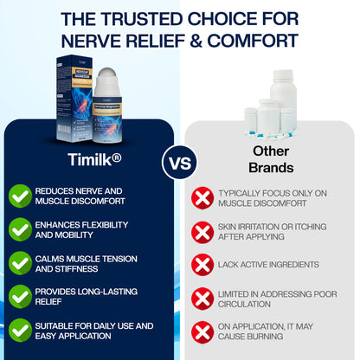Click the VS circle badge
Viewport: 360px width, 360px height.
(x=180, y=162)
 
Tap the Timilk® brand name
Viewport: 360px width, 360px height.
(x=93, y=159)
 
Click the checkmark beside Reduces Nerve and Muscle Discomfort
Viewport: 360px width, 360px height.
(x=20, y=196)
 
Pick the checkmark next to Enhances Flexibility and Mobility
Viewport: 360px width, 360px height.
(x=20, y=229)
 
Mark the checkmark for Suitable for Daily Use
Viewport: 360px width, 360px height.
(x=20, y=331)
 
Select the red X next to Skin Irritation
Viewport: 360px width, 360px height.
(x=202, y=231)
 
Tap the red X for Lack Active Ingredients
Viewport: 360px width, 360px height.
(x=202, y=264)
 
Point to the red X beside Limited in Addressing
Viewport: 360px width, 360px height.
(x=202, y=298)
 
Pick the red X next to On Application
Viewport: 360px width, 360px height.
(x=202, y=331)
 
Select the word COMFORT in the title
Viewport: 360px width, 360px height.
(x=259, y=40)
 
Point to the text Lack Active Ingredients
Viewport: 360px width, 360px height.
(x=268, y=264)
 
